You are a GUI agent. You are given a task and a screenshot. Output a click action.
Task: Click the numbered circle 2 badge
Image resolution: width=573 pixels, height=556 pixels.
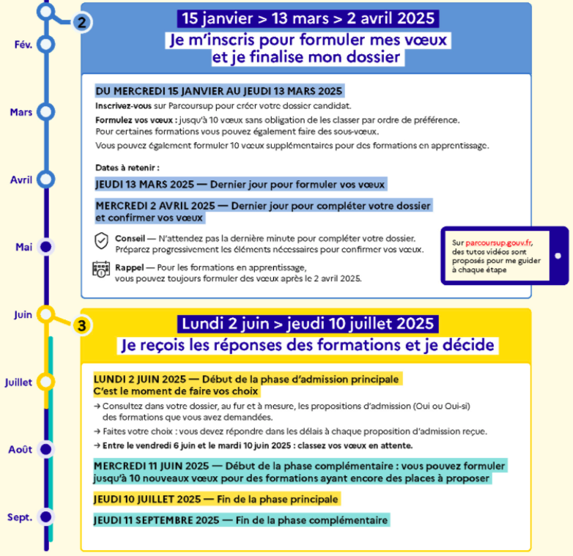[x=81, y=22]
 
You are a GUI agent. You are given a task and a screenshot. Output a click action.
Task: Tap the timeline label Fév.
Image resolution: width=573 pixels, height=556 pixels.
[x=23, y=45]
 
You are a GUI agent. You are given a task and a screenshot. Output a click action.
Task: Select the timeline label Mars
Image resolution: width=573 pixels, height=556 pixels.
[x=21, y=112]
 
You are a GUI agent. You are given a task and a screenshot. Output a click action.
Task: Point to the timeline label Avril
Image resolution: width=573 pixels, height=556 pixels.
[x=21, y=179]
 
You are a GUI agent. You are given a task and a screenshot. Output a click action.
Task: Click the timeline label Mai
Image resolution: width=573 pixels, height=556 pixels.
[x=23, y=247]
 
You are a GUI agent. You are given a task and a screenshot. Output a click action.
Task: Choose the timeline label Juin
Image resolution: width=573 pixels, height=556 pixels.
[x=23, y=314]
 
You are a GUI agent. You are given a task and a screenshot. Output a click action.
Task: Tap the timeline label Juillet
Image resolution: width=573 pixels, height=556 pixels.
[x=18, y=382]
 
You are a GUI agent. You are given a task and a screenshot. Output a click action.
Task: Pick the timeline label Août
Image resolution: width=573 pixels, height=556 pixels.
[x=21, y=450]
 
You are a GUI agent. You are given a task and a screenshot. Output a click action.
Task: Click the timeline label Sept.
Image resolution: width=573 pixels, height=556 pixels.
[x=20, y=518]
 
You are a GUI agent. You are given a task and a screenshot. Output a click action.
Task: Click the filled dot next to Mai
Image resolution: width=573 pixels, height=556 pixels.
[x=46, y=247]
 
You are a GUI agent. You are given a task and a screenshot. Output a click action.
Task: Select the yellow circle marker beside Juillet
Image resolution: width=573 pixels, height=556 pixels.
[x=46, y=382]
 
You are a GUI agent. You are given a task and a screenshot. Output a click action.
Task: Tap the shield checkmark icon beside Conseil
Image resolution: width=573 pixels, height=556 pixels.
[x=101, y=241]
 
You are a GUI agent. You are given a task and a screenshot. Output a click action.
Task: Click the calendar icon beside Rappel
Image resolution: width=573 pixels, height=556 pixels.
[x=101, y=270]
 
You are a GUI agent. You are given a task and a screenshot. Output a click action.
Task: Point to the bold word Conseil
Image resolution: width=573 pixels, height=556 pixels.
[x=130, y=238]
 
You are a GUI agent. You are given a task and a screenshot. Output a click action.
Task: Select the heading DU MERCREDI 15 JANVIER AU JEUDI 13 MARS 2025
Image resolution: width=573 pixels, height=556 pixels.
[x=219, y=92]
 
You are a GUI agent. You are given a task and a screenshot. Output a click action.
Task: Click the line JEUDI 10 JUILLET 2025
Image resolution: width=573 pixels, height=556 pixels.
[x=217, y=499]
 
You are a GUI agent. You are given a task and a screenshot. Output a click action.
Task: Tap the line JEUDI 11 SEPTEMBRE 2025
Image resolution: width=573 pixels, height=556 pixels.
[x=241, y=520]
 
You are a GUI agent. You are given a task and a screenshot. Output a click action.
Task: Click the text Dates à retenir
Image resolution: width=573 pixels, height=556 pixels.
[x=127, y=168]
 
